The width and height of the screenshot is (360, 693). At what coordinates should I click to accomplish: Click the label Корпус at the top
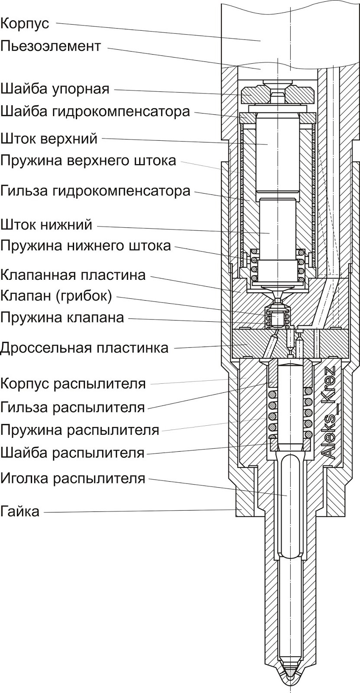[x=25, y=23]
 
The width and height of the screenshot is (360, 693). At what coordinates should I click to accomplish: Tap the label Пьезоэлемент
[x=51, y=46]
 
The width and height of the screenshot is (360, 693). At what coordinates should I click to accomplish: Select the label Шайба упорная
[x=55, y=89]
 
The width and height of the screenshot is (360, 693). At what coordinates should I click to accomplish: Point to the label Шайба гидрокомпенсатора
[x=95, y=111]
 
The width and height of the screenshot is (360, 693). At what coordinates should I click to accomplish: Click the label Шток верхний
[x=49, y=139]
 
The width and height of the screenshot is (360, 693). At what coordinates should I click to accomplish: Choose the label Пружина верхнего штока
[x=88, y=161]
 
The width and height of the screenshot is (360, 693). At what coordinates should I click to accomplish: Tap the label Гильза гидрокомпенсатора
[x=95, y=191]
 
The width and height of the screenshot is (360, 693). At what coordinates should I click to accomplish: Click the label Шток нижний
[x=46, y=225]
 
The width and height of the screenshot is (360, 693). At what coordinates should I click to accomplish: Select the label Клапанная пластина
[x=73, y=275]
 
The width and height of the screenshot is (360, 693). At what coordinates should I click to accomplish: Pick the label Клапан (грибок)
[x=56, y=296]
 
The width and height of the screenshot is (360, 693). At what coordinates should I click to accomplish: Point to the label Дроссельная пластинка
[x=84, y=348]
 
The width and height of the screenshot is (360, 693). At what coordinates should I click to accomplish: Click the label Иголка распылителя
[x=73, y=479]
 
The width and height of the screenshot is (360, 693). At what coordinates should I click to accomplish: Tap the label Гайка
[x=20, y=512]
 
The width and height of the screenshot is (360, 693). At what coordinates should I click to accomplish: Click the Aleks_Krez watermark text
[x=329, y=412]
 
